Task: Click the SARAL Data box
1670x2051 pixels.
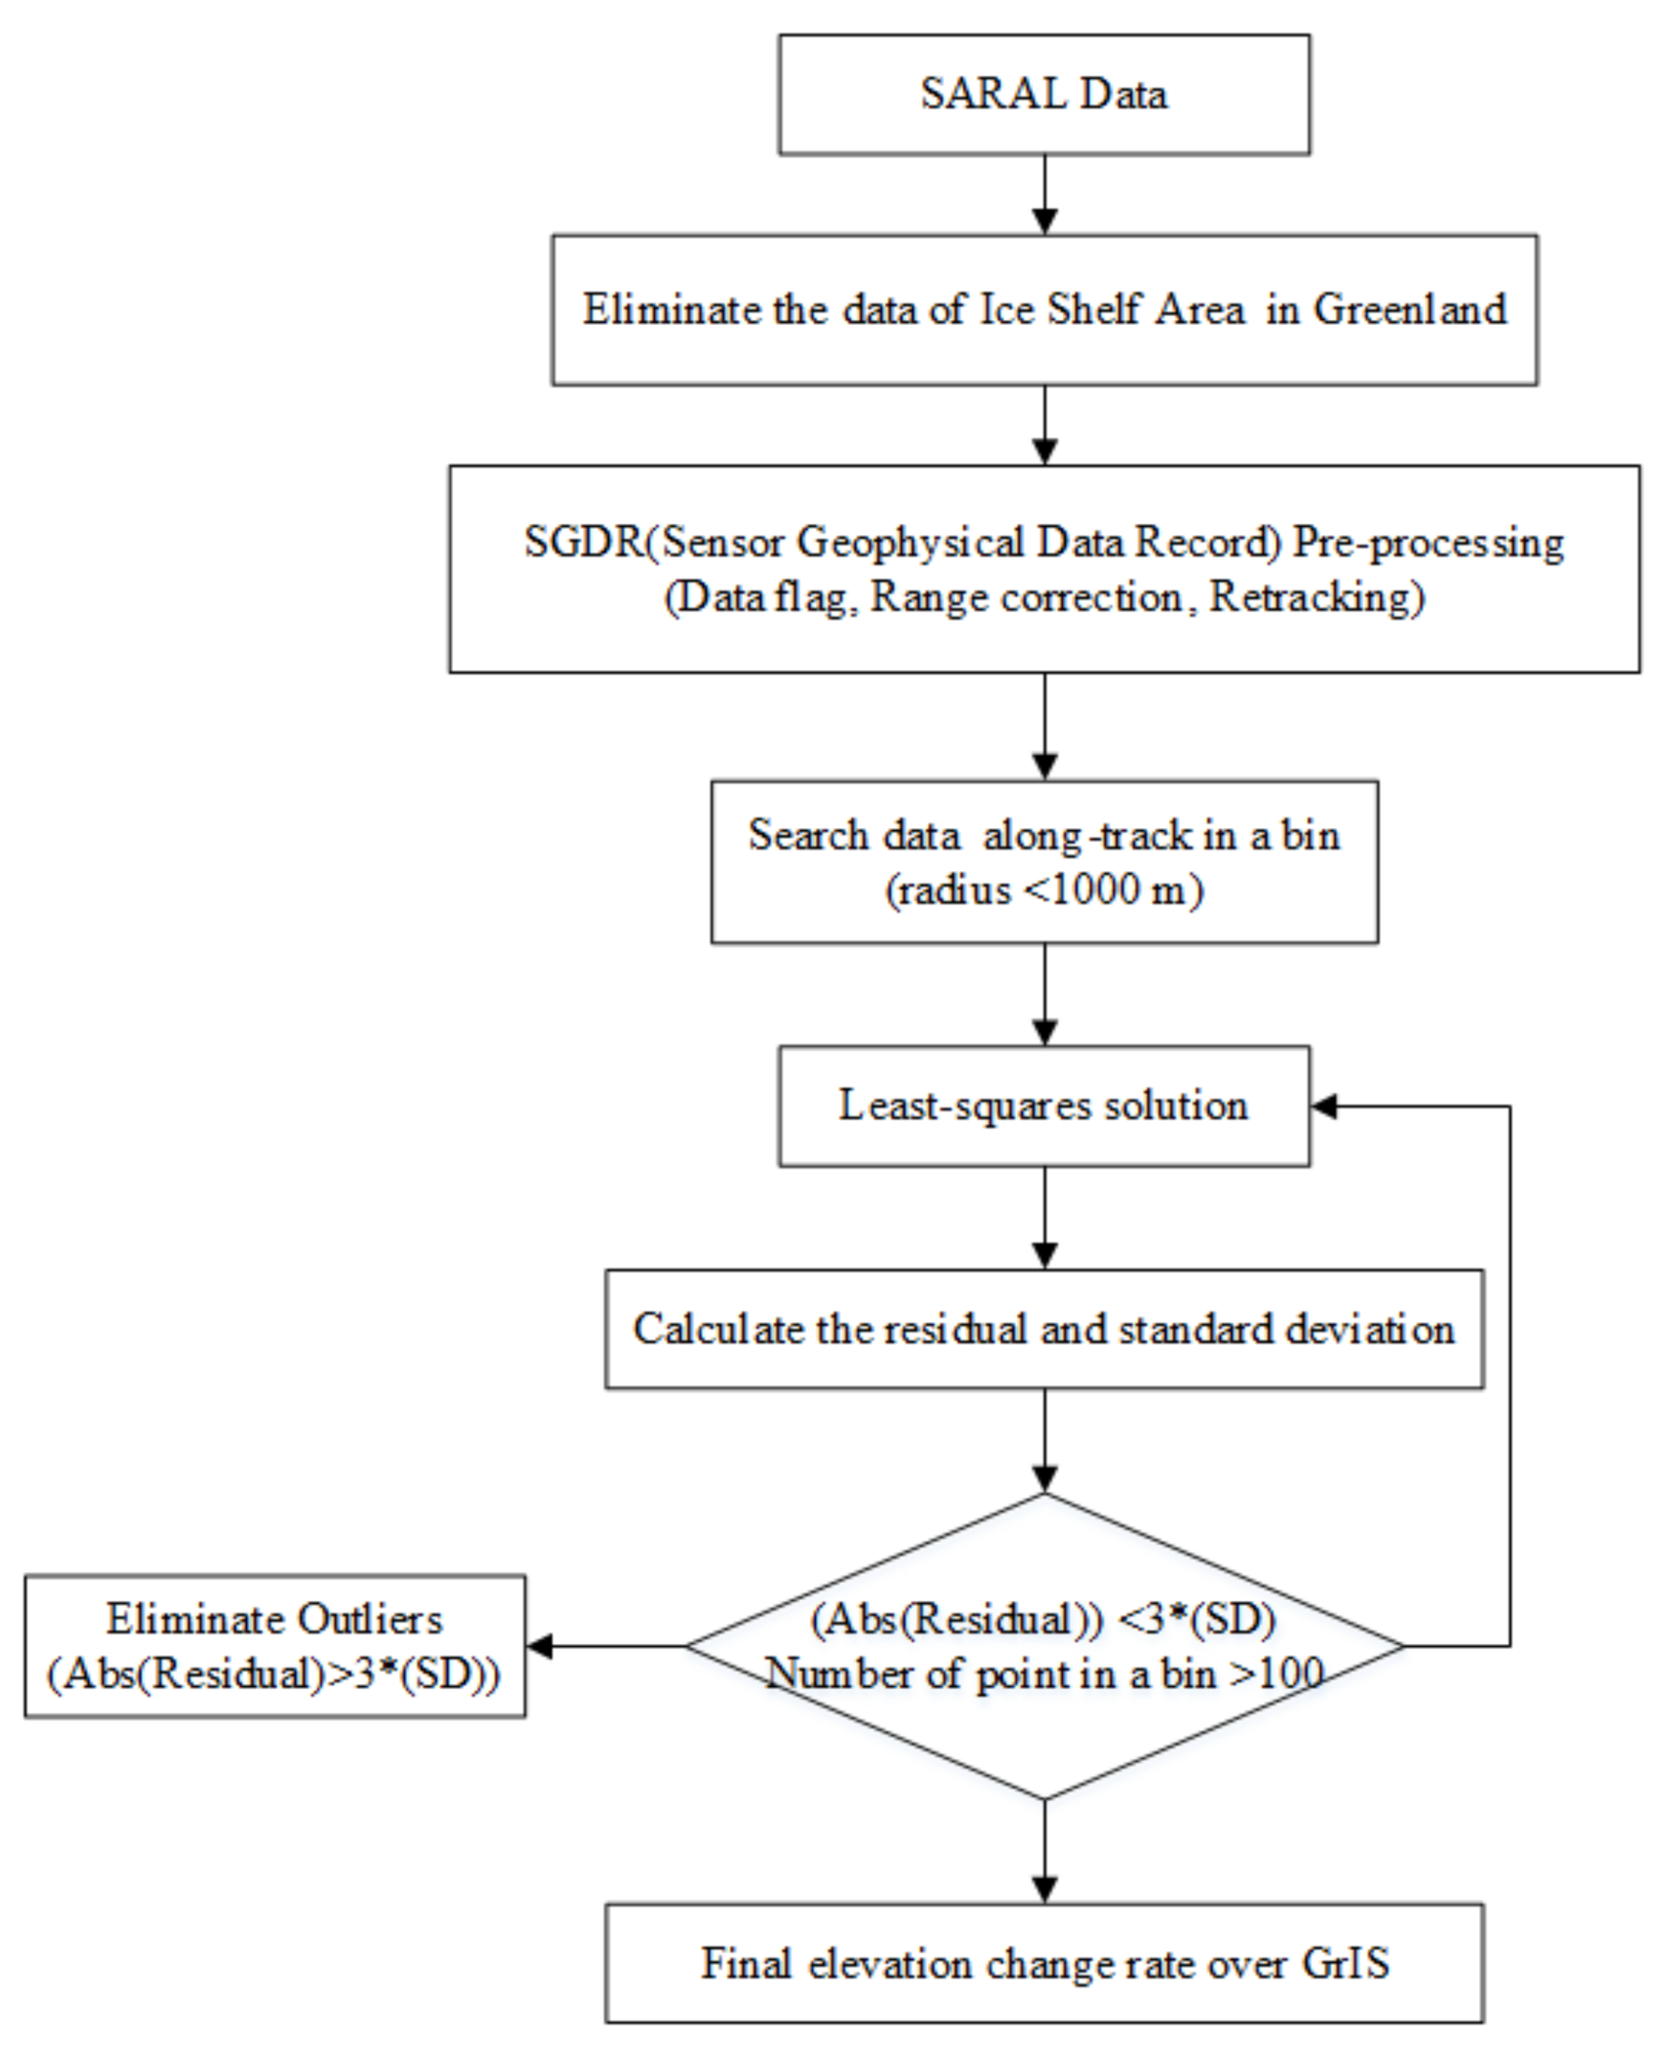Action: point(1044,94)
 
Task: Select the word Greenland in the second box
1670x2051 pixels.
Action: point(1409,310)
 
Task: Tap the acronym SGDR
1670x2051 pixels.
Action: point(583,541)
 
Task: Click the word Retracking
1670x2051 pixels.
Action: point(1315,597)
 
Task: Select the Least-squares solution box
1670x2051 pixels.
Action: point(1044,1106)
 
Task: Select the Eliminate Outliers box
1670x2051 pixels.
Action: point(274,1646)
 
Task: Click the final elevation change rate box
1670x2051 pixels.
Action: point(1044,1964)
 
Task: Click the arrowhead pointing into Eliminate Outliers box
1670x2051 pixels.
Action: point(540,1646)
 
